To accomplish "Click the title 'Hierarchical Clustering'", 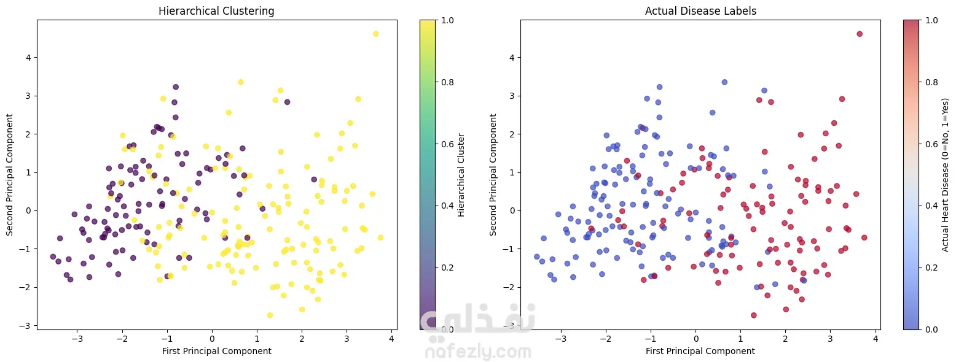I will pyautogui.click(x=216, y=11).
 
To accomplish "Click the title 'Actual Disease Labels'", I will pyautogui.click(x=700, y=11).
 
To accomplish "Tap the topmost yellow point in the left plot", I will pyautogui.click(x=375, y=34).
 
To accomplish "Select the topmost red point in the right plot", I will pyautogui.click(x=860, y=34).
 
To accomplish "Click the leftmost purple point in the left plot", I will pyautogui.click(x=53, y=256).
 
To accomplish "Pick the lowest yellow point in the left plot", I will pyautogui.click(x=270, y=315).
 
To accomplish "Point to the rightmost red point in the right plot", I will pyautogui.click(x=864, y=237).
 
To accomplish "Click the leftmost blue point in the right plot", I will pyautogui.click(x=536, y=256).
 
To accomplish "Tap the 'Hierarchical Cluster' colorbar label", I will pyautogui.click(x=461, y=175).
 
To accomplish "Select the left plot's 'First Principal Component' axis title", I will pyautogui.click(x=216, y=351).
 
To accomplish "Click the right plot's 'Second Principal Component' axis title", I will pyautogui.click(x=493, y=175).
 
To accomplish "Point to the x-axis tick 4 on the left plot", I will pyautogui.click(x=391, y=338).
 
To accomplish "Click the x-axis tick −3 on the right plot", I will pyautogui.click(x=560, y=338).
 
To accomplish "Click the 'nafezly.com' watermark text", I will pyautogui.click(x=477, y=352).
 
